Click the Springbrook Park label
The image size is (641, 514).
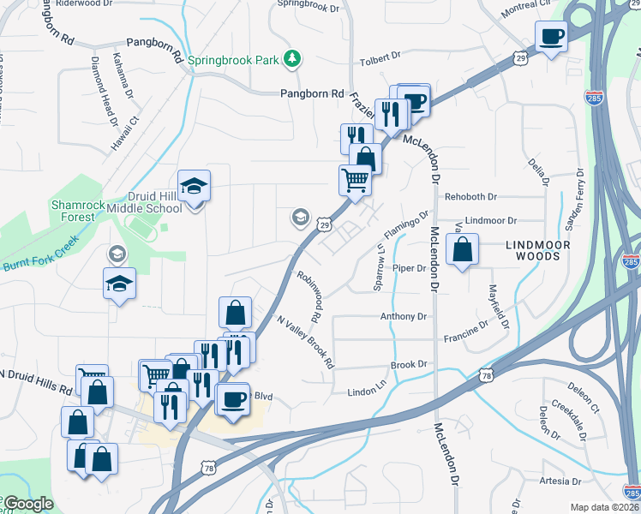[233, 60]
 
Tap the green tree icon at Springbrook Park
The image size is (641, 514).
[293, 58]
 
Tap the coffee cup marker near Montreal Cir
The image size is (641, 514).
[551, 37]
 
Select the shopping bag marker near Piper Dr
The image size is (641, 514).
[462, 250]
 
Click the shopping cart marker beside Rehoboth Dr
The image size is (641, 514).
[355, 181]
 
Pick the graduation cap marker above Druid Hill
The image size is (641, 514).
[195, 185]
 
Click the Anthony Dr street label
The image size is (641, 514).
[404, 317]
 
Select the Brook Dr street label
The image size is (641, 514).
[409, 365]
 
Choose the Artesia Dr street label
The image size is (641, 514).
[561, 481]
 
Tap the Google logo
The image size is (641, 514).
[28, 505]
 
